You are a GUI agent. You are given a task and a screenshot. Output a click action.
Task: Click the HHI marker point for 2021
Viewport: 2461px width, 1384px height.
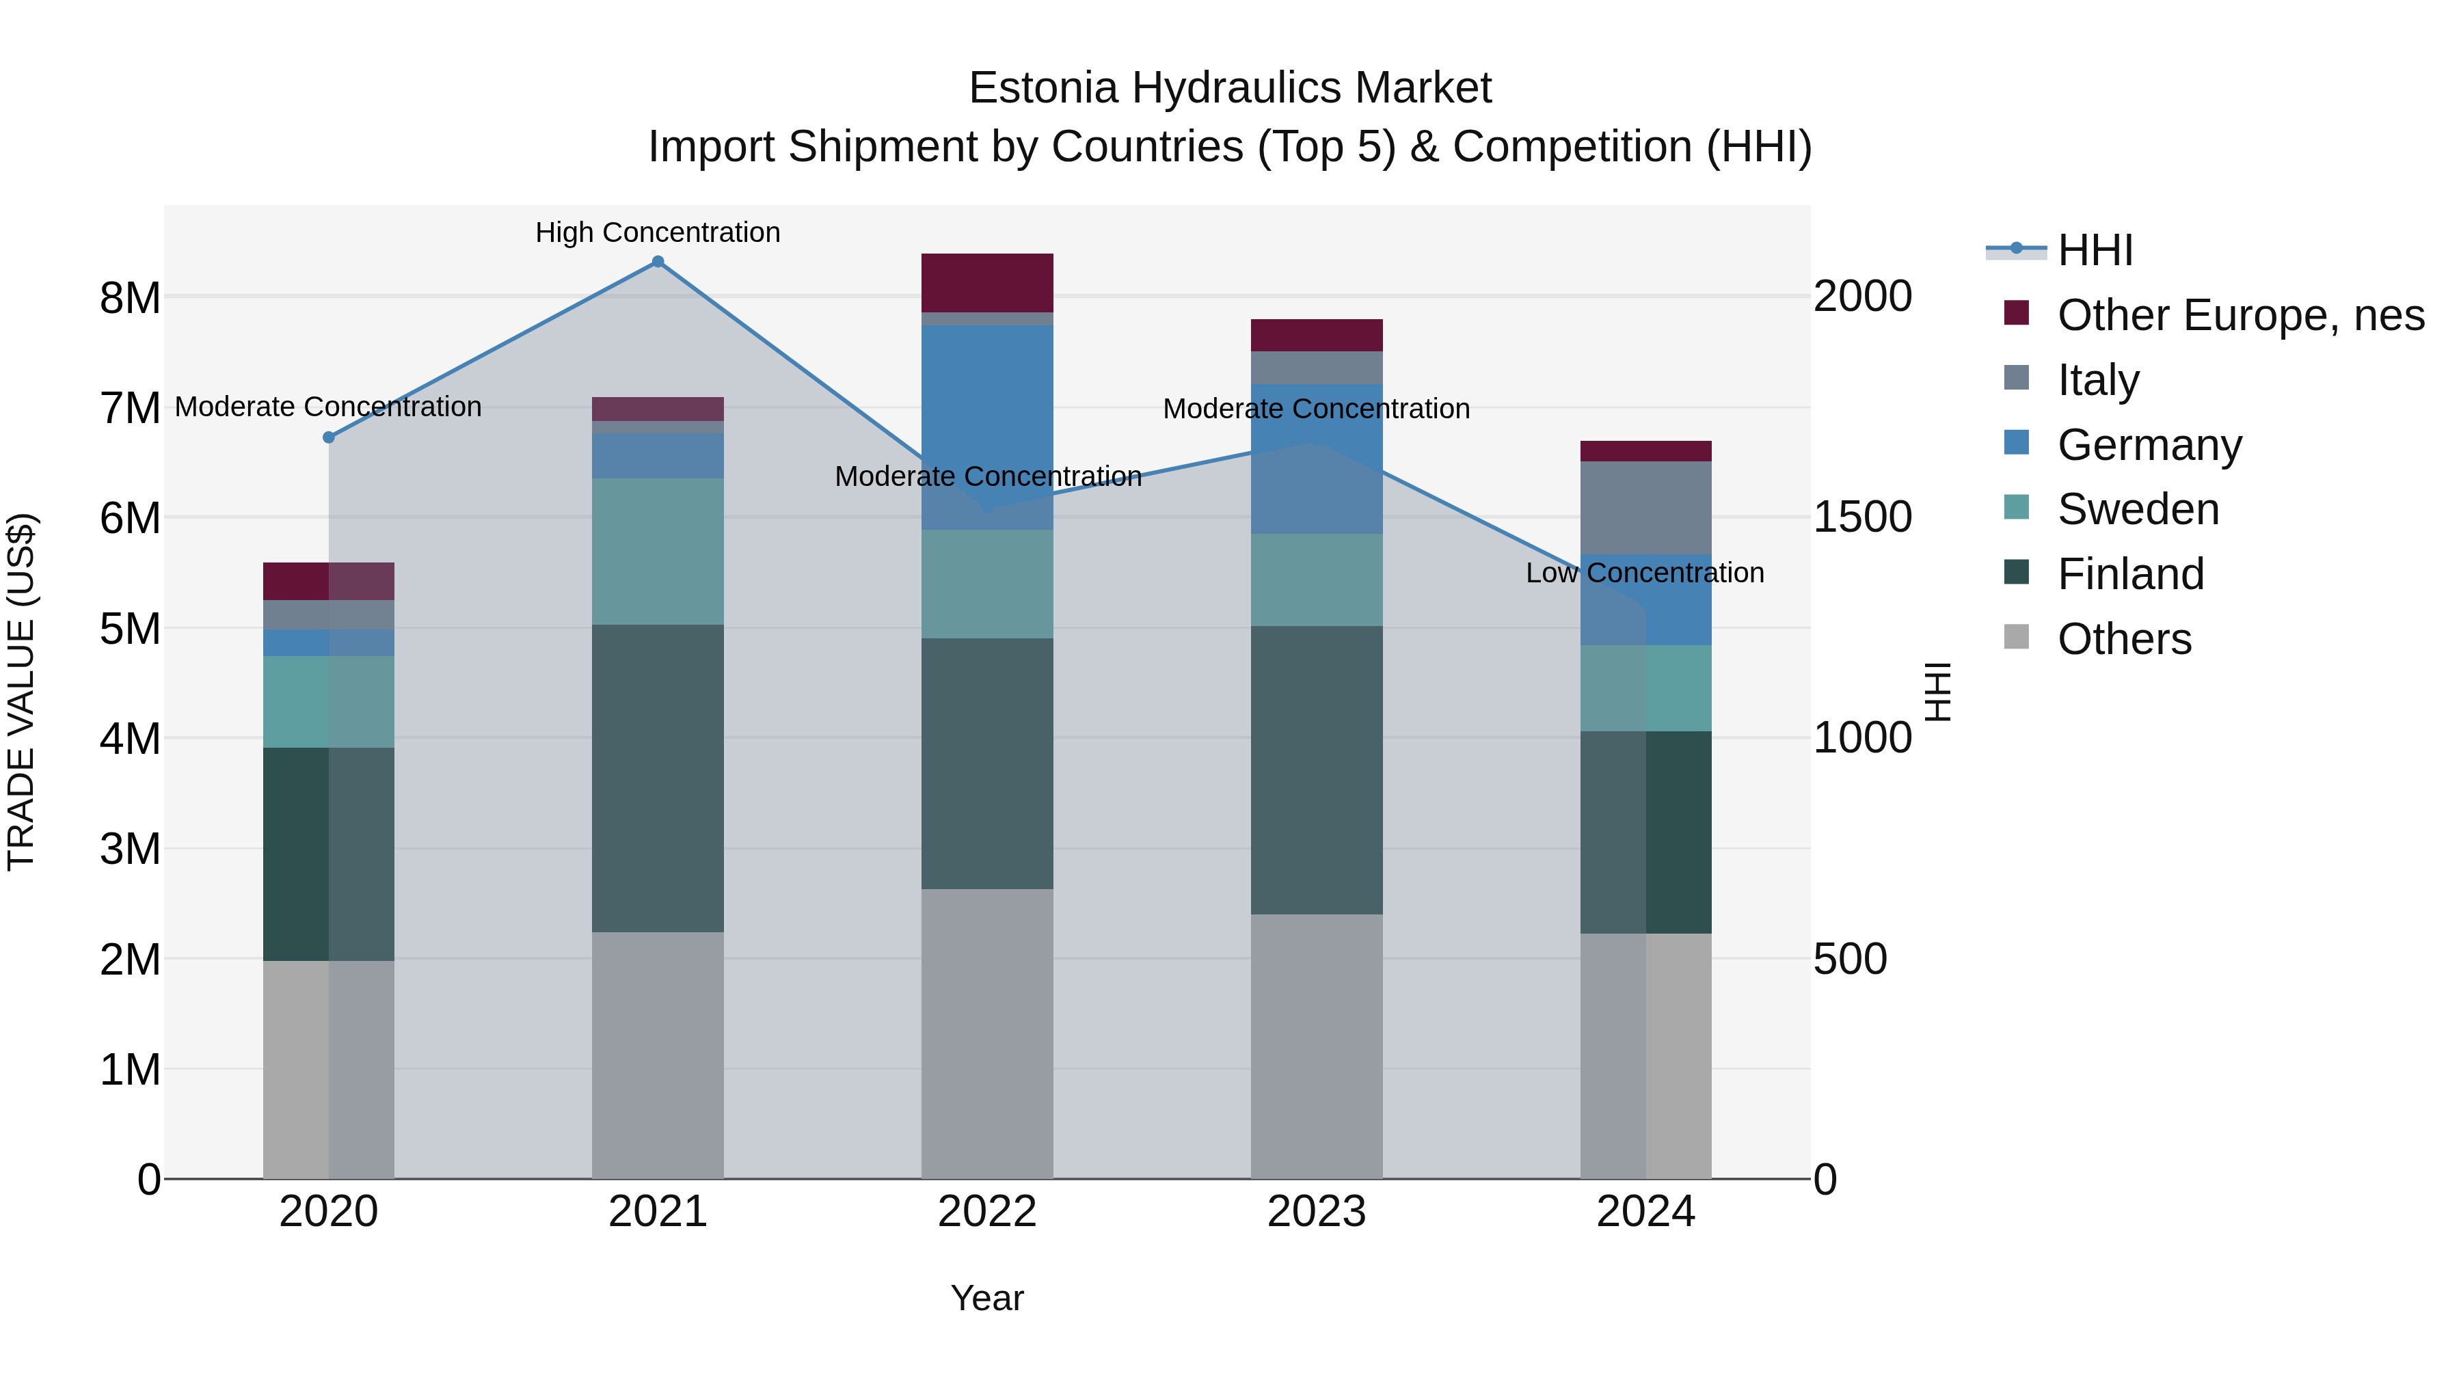pos(657,262)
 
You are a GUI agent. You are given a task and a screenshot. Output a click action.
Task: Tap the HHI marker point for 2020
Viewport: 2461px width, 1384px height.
pos(329,437)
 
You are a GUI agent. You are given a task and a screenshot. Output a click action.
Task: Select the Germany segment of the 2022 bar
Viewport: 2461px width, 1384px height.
pos(987,427)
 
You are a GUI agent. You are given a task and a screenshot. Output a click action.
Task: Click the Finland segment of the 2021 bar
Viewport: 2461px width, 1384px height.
pos(657,778)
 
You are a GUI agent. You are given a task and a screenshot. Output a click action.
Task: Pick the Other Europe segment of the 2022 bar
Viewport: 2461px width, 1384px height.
pos(987,283)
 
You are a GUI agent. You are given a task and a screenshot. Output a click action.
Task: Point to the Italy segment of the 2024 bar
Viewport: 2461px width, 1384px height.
pos(1645,507)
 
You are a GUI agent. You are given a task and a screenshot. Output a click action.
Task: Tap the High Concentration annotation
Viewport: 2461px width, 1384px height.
pos(657,232)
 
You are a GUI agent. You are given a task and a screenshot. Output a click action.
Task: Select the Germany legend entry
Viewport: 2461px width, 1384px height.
pos(2149,445)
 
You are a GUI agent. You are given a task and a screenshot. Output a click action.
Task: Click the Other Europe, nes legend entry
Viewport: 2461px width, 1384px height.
pos(2240,315)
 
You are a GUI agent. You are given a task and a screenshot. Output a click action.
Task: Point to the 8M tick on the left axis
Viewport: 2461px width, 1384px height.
pos(130,298)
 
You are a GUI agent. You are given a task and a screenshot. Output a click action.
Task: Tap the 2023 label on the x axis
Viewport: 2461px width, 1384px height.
pos(1317,1212)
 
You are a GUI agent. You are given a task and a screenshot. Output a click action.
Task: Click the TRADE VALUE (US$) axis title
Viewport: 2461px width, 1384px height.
pos(21,692)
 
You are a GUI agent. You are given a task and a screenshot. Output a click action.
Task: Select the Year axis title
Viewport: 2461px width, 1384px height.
pos(987,1298)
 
